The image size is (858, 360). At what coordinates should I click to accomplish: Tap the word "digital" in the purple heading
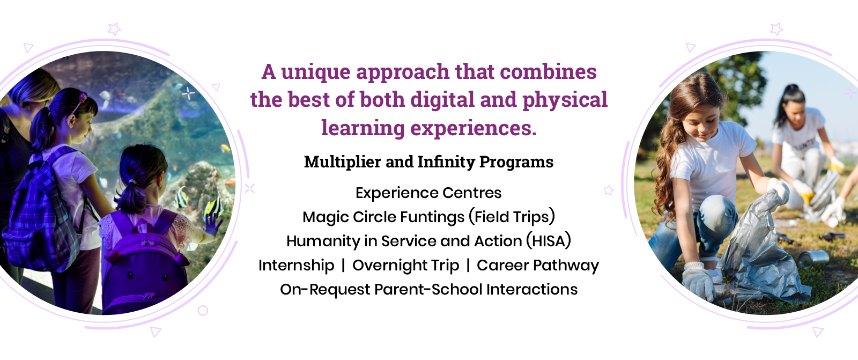coord(442,100)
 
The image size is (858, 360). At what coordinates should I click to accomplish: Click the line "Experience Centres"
coord(428,193)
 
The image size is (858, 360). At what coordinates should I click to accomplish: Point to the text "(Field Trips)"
coord(512,217)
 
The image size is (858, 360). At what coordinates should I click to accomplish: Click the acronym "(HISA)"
coord(549,241)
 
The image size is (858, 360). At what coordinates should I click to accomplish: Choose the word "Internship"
coord(296,265)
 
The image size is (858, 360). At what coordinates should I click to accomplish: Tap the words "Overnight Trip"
coord(405,265)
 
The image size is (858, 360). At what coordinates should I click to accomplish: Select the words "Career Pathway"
coord(538,265)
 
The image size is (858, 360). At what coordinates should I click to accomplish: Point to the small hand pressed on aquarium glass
coord(212,224)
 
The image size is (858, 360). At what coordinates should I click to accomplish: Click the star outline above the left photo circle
coord(114,29)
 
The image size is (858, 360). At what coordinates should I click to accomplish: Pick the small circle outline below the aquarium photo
coord(203,311)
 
